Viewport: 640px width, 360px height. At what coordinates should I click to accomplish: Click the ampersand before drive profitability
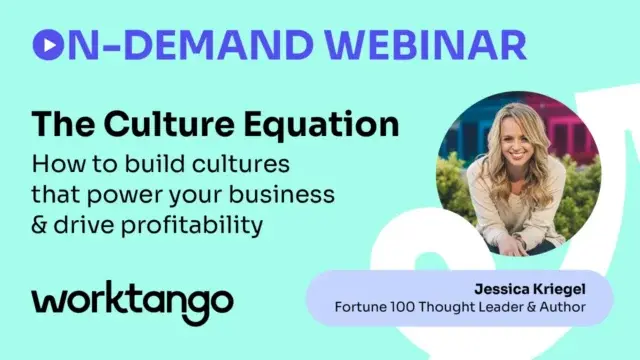pos(41,225)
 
